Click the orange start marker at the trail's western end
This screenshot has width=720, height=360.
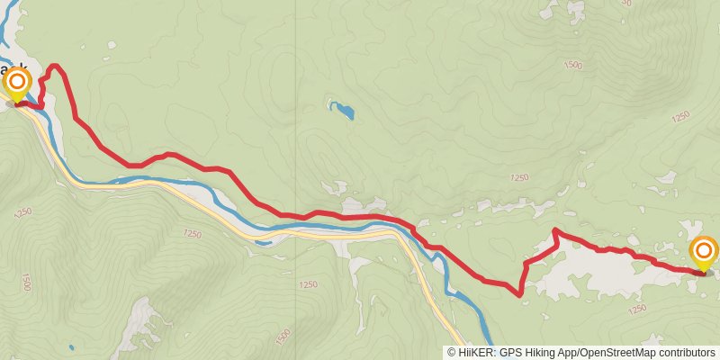(x=17, y=85)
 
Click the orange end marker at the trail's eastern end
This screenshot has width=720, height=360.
(x=703, y=252)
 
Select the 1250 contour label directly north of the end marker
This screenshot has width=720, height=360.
(x=679, y=116)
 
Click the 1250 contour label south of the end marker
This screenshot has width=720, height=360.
(x=637, y=310)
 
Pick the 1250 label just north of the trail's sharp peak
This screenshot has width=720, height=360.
(x=518, y=178)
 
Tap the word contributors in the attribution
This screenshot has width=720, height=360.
(x=686, y=353)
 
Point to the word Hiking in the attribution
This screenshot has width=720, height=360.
(x=535, y=353)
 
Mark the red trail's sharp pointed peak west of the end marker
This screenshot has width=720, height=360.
(x=554, y=230)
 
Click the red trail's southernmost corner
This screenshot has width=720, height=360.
(x=520, y=293)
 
